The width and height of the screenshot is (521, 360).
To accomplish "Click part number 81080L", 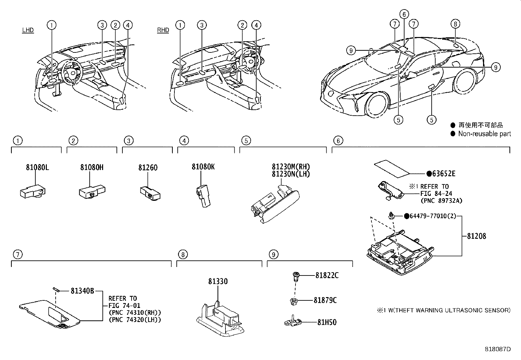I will click(37, 167).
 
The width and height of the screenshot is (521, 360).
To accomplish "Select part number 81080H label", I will click(92, 167).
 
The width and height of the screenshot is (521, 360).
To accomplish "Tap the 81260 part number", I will click(148, 168).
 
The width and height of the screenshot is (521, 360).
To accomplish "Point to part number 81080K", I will click(203, 167).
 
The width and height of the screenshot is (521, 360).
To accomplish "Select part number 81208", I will click(476, 236).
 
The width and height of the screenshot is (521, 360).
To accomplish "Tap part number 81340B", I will click(82, 291).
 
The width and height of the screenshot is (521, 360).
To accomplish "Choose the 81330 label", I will click(218, 281).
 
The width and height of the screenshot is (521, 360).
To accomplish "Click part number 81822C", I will click(327, 275).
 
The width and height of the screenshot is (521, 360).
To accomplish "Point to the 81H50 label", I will click(327, 322).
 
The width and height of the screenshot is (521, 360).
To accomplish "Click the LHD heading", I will click(28, 30).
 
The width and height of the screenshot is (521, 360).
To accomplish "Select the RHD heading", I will click(163, 30).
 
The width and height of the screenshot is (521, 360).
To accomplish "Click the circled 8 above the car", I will click(455, 24).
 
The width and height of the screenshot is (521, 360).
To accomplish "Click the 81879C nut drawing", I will click(294, 301).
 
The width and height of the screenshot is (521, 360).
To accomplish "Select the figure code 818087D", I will click(497, 349).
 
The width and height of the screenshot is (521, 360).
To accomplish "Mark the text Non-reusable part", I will click(484, 134).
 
